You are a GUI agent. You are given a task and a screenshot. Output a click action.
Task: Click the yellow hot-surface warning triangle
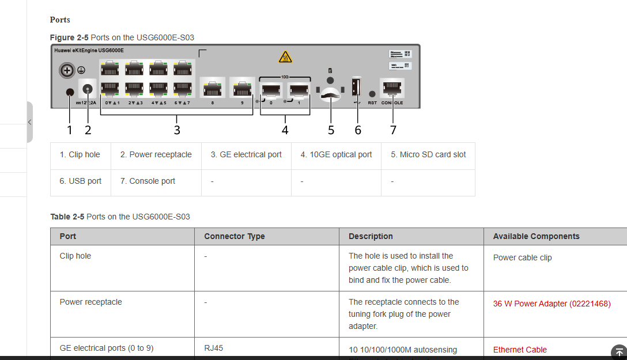pyautogui.click(x=285, y=57)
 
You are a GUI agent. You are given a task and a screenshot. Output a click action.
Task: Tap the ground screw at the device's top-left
pyautogui.click(x=67, y=70)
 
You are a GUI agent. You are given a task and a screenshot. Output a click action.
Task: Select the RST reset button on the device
pyautogui.click(x=372, y=94)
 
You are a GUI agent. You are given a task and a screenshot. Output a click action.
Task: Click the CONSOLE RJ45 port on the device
pyautogui.click(x=392, y=88)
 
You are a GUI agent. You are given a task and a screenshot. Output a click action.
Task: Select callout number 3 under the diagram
pyautogui.click(x=177, y=130)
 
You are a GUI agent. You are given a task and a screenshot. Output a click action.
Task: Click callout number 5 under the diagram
pyautogui.click(x=331, y=130)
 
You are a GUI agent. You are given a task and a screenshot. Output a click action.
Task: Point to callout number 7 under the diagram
pyautogui.click(x=393, y=130)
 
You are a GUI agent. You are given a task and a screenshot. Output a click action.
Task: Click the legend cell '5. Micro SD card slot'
pyautogui.click(x=428, y=154)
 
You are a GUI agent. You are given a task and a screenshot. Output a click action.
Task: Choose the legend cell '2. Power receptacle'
pyautogui.click(x=156, y=154)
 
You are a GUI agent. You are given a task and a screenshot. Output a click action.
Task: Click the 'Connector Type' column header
pyautogui.click(x=235, y=236)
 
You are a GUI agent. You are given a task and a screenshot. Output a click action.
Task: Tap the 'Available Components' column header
pyautogui.click(x=536, y=236)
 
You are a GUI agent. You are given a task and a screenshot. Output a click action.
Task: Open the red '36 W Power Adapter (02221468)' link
pyautogui.click(x=552, y=304)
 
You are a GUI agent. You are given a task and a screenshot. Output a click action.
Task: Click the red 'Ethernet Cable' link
pyautogui.click(x=520, y=350)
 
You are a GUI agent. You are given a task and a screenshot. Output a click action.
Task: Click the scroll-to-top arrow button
pyautogui.click(x=619, y=351)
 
